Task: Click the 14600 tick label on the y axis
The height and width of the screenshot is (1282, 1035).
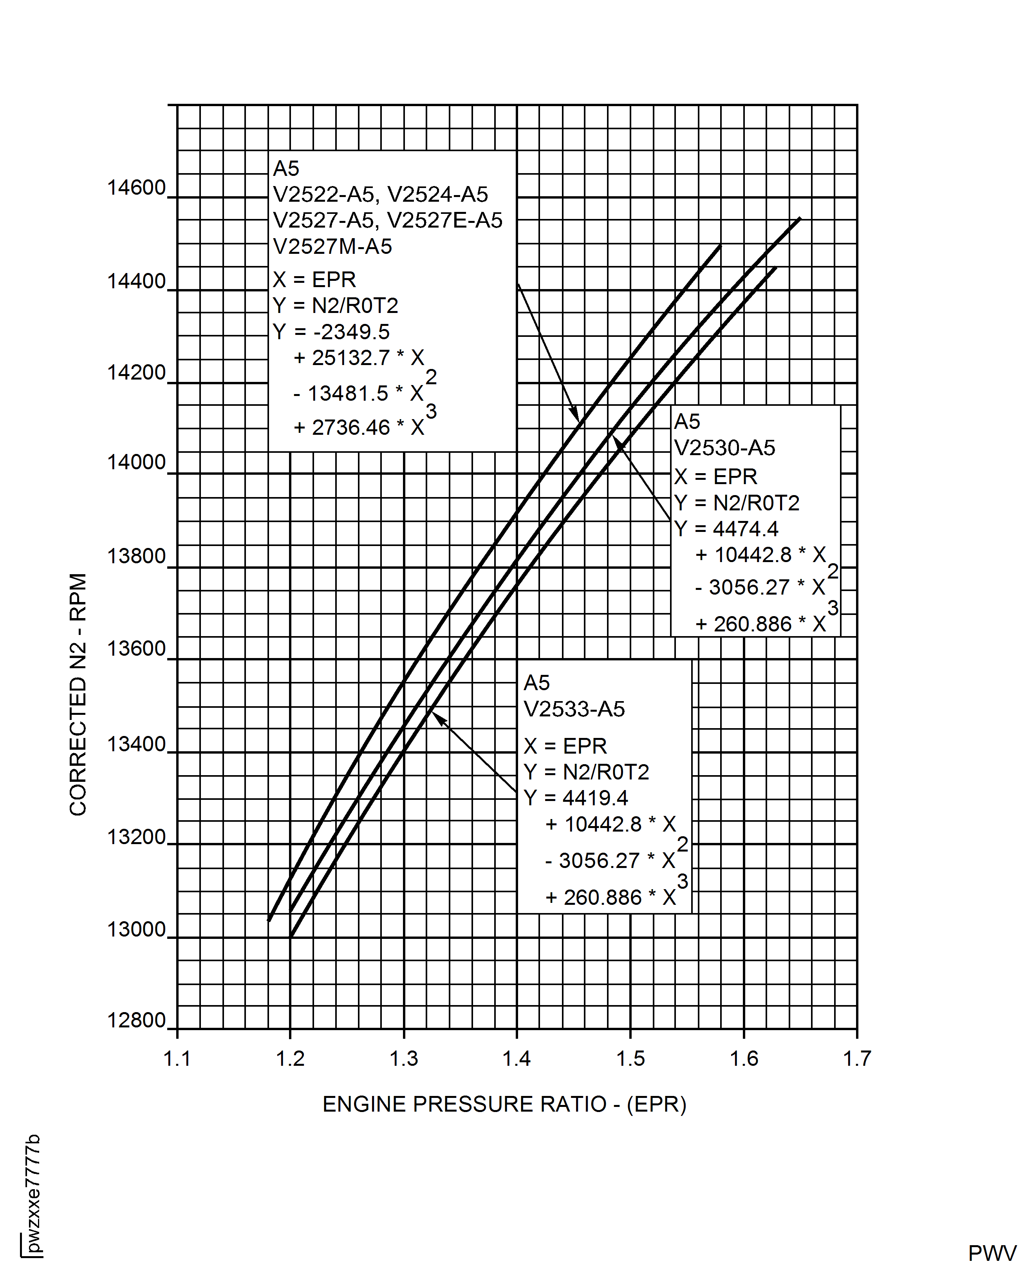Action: [x=136, y=188]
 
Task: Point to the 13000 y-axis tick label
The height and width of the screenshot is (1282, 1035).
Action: [x=136, y=929]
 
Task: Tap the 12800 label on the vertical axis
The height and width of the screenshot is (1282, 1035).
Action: [x=136, y=1020]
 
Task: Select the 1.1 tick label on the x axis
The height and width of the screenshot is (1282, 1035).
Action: [x=177, y=1059]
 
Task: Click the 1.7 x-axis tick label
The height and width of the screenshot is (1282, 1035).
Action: [x=857, y=1059]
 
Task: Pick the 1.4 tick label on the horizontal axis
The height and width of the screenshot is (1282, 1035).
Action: [x=516, y=1059]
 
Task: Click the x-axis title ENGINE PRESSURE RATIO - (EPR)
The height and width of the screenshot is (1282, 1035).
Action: [x=504, y=1104]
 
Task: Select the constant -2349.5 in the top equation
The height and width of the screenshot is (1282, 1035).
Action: [x=351, y=331]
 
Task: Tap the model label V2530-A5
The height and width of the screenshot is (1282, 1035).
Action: [x=724, y=448]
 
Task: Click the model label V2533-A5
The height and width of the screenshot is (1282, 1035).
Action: [x=574, y=709]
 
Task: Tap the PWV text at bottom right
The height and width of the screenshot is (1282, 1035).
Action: [x=992, y=1253]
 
